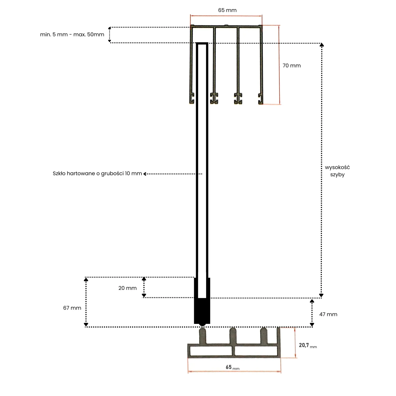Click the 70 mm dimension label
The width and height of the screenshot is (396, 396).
pyautogui.click(x=291, y=66)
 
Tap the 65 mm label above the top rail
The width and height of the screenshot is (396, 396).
pyautogui.click(x=227, y=10)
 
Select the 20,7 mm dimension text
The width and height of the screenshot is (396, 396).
pyautogui.click(x=307, y=346)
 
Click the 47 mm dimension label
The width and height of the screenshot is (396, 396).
pyautogui.click(x=328, y=314)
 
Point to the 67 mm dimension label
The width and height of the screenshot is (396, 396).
pyautogui.click(x=72, y=308)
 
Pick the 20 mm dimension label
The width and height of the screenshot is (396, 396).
pyautogui.click(x=127, y=288)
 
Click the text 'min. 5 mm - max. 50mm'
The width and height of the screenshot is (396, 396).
pyautogui.click(x=72, y=35)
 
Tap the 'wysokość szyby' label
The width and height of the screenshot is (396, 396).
pyautogui.click(x=337, y=171)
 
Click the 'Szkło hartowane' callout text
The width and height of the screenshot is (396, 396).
pyautogui.click(x=97, y=174)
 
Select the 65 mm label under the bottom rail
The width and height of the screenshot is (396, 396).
pyautogui.click(x=232, y=367)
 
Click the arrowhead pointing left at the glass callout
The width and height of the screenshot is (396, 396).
pyautogui.click(x=145, y=174)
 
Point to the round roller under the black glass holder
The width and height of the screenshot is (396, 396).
pyautogui.click(x=202, y=324)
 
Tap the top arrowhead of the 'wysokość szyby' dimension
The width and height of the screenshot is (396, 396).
pyautogui.click(x=322, y=45)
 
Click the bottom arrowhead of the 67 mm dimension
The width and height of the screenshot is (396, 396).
pyautogui.click(x=86, y=324)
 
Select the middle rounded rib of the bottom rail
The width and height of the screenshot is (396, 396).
pyautogui.click(x=233, y=335)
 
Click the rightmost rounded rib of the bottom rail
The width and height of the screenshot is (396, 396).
pyautogui.click(x=264, y=335)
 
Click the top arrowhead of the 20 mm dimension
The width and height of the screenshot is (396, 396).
pyautogui.click(x=144, y=279)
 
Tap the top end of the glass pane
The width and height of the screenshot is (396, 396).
pyautogui.click(x=202, y=44)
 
